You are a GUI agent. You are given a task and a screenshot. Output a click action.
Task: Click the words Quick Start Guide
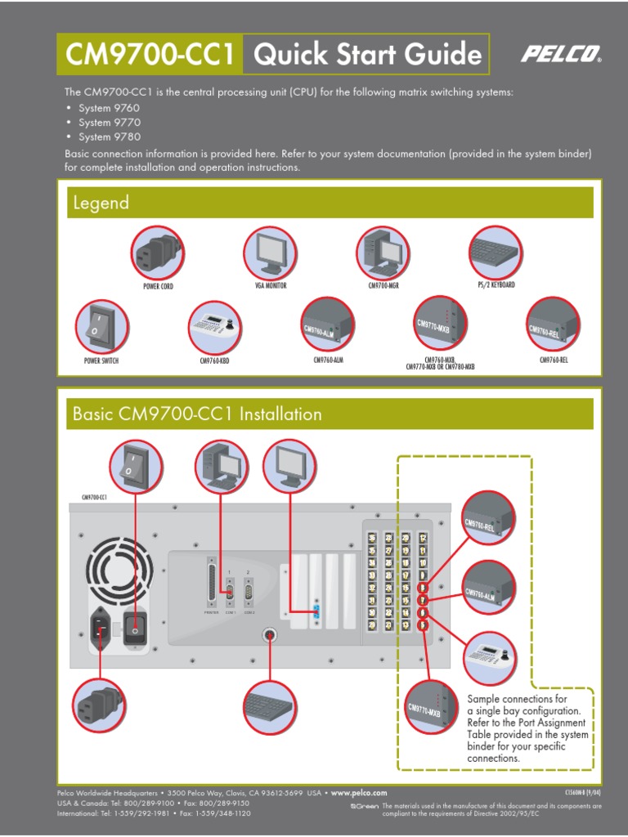(x=367, y=55)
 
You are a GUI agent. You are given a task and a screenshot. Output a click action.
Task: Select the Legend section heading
(x=101, y=203)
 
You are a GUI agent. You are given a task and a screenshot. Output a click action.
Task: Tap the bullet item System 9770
(x=110, y=123)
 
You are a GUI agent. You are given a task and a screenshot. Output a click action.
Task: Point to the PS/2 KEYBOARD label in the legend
(x=496, y=285)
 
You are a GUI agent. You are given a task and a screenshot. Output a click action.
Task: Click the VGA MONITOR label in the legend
(x=271, y=286)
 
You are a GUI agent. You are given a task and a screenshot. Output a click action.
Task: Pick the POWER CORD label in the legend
(x=158, y=287)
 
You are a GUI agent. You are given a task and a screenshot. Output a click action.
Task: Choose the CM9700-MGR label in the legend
(x=384, y=286)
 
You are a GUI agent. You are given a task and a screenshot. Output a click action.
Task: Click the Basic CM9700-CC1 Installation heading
(x=197, y=414)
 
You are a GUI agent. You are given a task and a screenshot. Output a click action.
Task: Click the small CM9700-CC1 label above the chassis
(x=94, y=496)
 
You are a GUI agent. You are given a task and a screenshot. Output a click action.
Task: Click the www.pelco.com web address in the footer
(x=358, y=793)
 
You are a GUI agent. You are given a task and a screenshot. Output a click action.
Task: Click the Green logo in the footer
(x=364, y=806)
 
